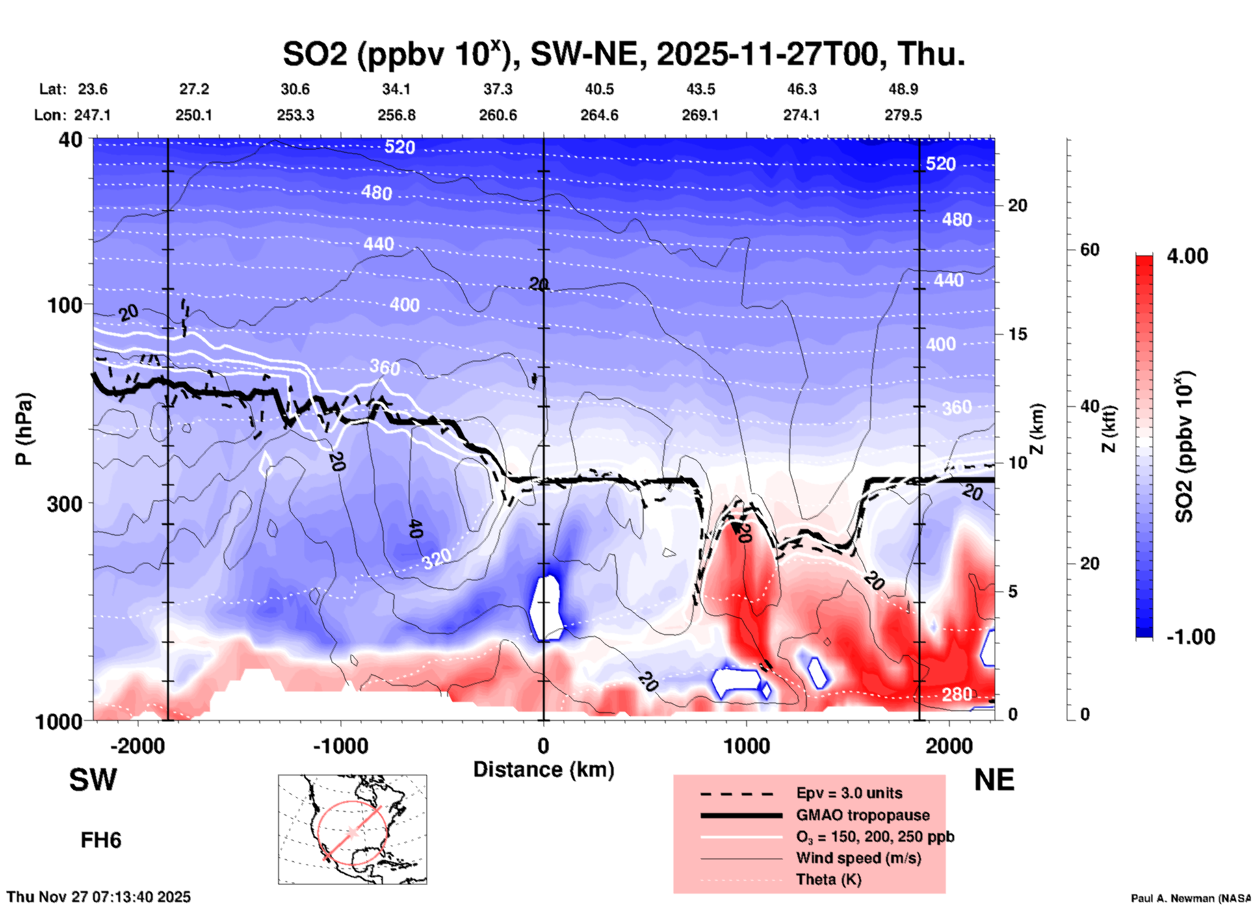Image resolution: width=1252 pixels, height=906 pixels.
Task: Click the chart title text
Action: (623, 54)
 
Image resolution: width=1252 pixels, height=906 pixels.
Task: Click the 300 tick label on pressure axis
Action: (64, 504)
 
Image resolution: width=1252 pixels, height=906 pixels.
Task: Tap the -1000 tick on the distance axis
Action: (341, 746)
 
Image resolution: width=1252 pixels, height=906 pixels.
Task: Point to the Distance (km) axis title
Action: (543, 770)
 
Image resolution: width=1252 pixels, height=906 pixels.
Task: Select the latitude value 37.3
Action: (498, 89)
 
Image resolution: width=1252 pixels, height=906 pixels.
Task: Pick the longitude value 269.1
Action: (700, 115)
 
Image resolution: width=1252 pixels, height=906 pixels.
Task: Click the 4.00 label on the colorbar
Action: (1187, 256)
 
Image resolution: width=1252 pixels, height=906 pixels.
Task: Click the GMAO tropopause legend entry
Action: (863, 815)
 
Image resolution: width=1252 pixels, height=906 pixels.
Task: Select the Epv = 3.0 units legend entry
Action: (849, 793)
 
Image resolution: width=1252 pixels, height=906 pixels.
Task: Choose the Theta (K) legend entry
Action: (829, 879)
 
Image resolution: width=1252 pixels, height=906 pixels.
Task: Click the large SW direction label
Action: (93, 780)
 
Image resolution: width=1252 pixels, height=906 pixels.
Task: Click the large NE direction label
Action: (994, 780)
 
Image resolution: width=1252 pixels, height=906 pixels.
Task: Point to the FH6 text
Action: (101, 840)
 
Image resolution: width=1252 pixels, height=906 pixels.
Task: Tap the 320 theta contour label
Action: (437, 558)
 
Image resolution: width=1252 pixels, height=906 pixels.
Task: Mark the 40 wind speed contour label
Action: (415, 530)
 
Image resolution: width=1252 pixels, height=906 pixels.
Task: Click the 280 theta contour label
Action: (957, 695)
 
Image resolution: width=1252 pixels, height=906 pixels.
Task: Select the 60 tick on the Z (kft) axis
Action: (1089, 250)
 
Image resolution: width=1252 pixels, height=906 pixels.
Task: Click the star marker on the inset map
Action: (352, 832)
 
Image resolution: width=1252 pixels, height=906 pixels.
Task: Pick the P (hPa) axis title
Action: (24, 429)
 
